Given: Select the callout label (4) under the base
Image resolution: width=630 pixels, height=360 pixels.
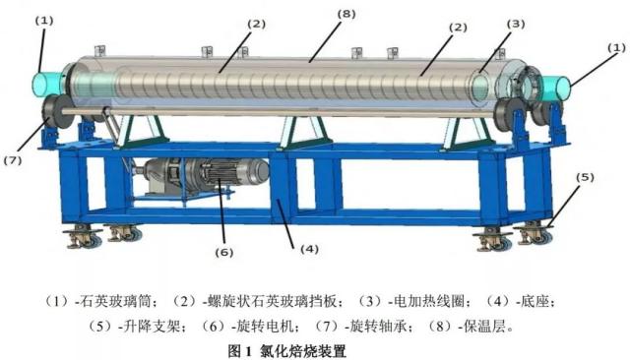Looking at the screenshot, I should [x=309, y=248].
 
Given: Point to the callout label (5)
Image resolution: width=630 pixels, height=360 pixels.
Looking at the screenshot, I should [x=586, y=178].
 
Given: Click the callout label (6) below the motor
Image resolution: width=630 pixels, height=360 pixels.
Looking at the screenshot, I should [x=225, y=252].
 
